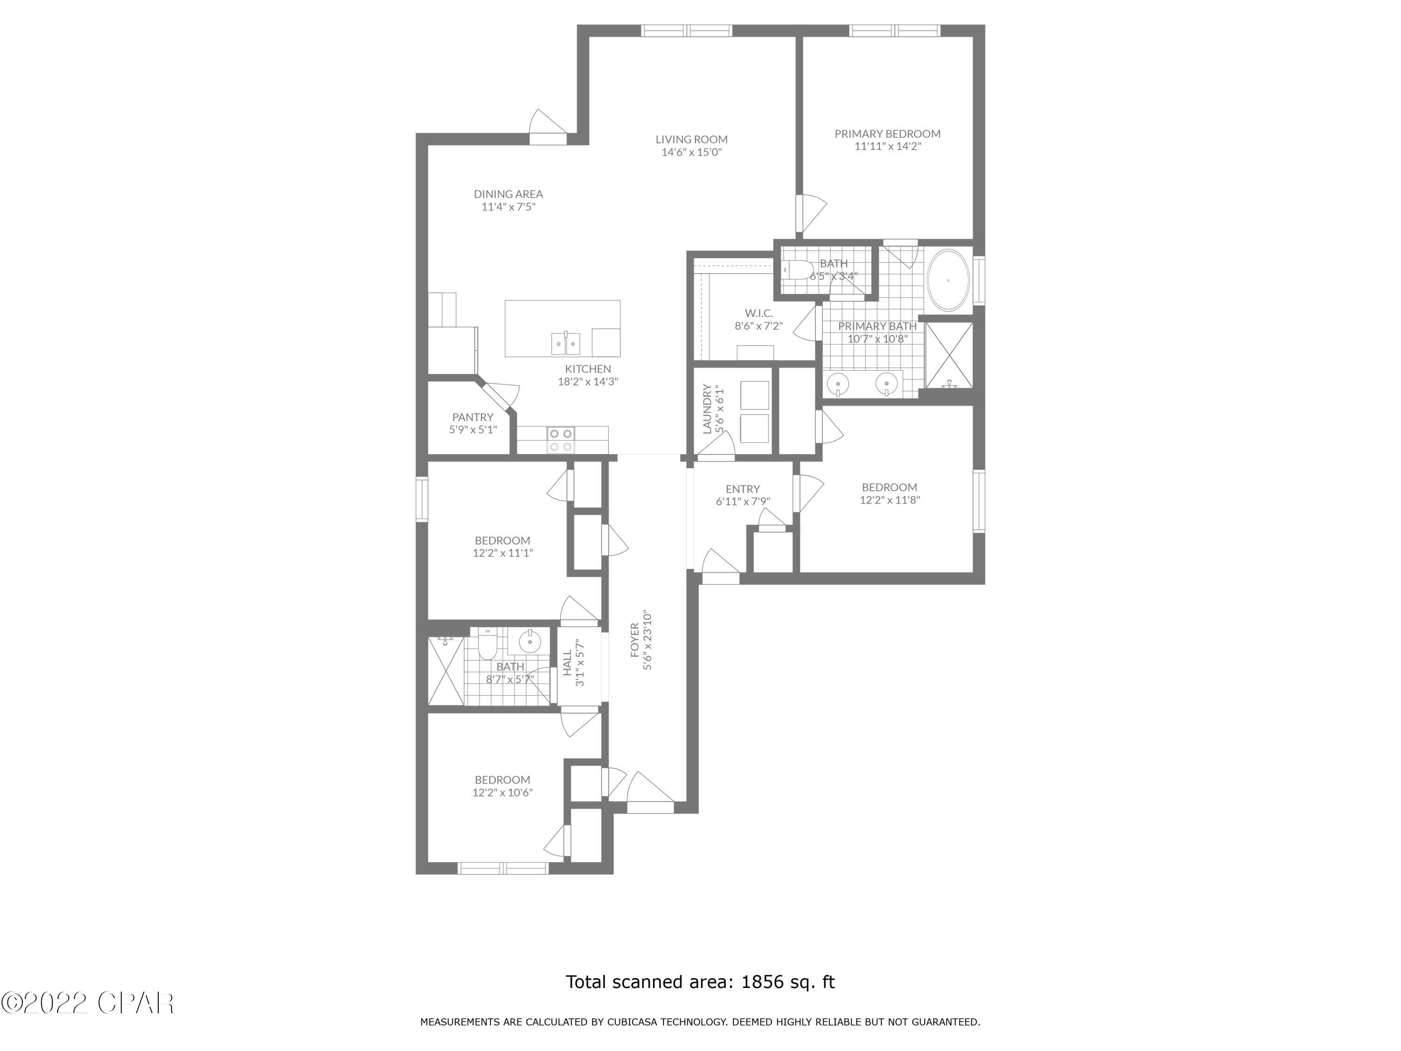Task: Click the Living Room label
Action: (x=691, y=139)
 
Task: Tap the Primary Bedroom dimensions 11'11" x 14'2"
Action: (x=887, y=146)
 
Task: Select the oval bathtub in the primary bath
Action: (x=948, y=280)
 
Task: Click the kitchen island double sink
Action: (x=565, y=344)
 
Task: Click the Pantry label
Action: (x=473, y=417)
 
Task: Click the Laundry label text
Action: (x=708, y=409)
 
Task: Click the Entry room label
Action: (x=743, y=489)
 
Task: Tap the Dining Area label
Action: (x=508, y=194)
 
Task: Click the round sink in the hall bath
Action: (x=530, y=642)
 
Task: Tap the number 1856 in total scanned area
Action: (x=761, y=982)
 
